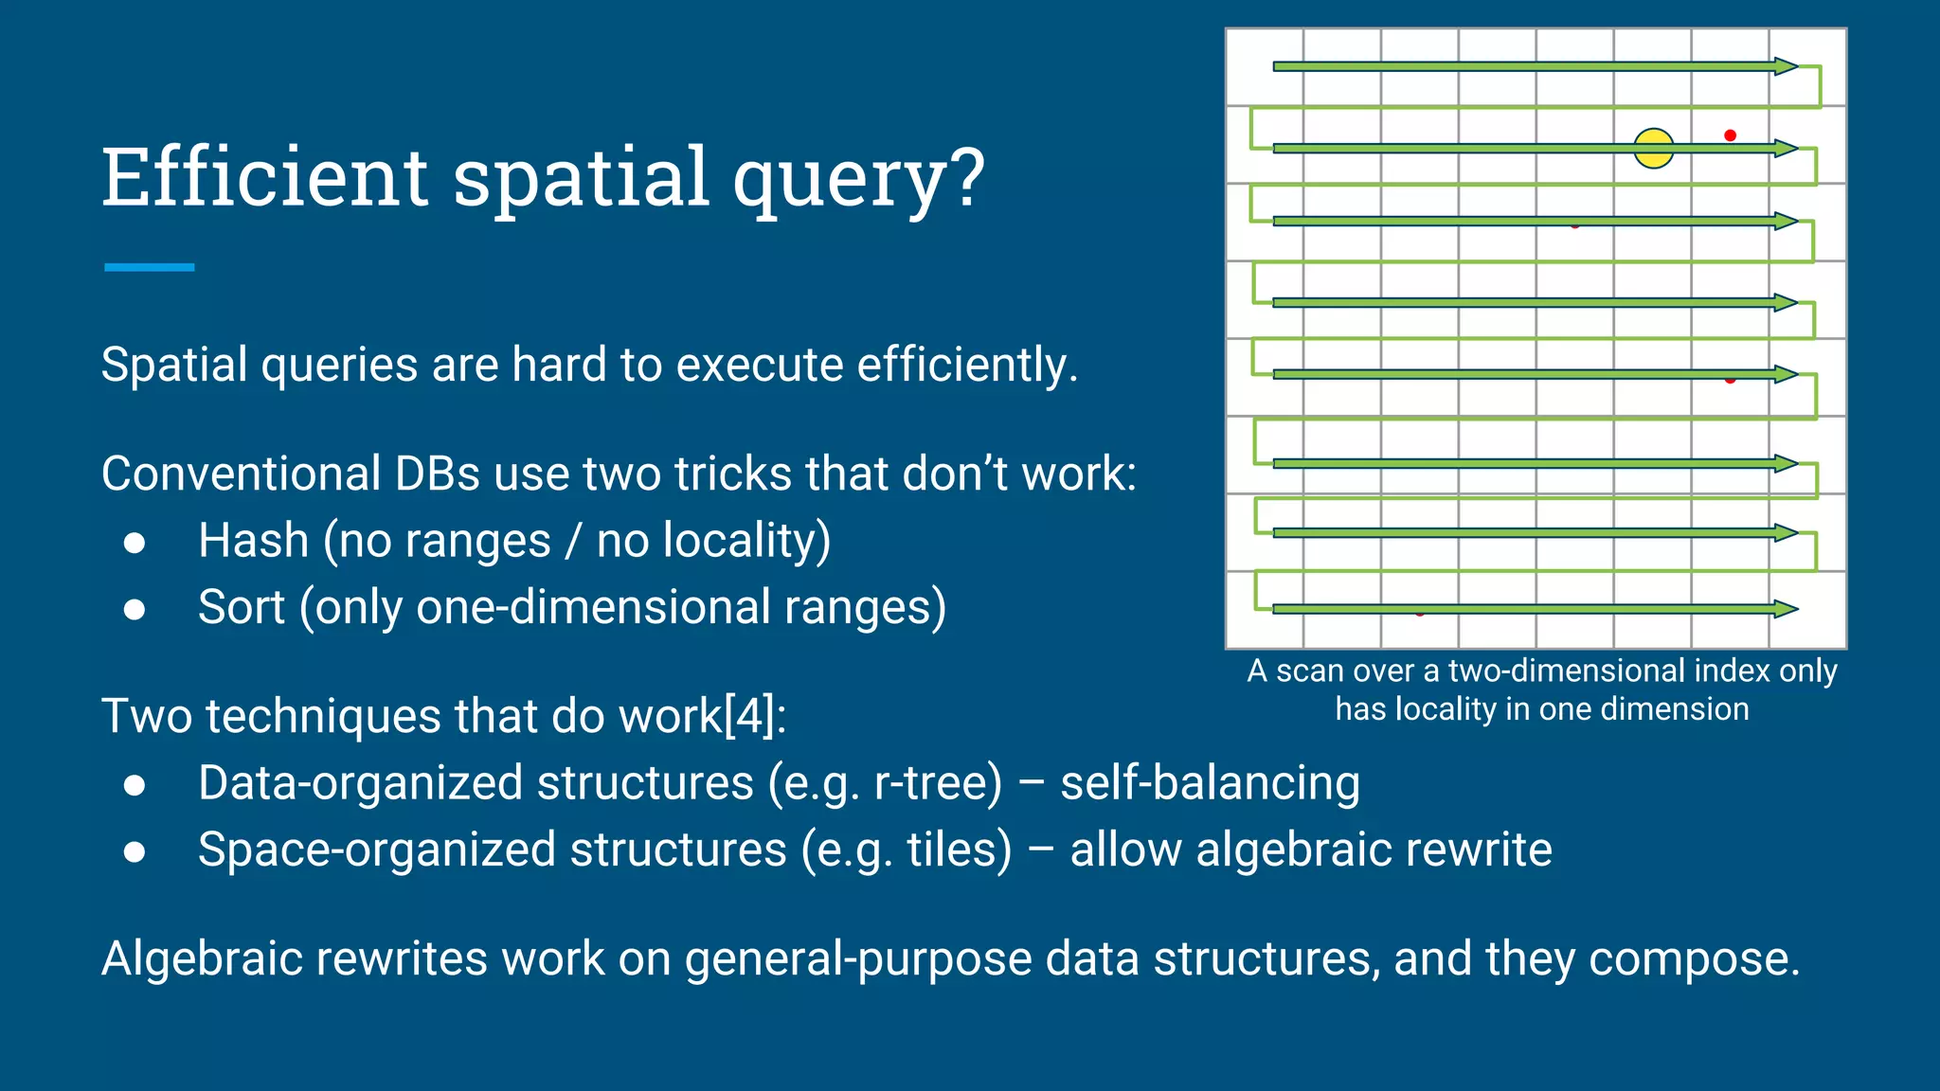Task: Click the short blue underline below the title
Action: (x=150, y=268)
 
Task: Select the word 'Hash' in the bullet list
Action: (x=253, y=541)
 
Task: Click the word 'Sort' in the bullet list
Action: (x=241, y=607)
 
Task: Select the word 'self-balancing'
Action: (x=1210, y=784)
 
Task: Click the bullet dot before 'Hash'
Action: (x=135, y=543)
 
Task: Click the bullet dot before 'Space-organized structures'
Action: (x=135, y=851)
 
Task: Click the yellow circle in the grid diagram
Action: (x=1654, y=149)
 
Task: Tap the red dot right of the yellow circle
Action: (x=1730, y=135)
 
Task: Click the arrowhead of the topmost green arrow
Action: (x=1786, y=66)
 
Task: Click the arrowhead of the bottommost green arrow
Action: (x=1786, y=609)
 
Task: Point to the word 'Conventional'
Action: (x=241, y=474)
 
